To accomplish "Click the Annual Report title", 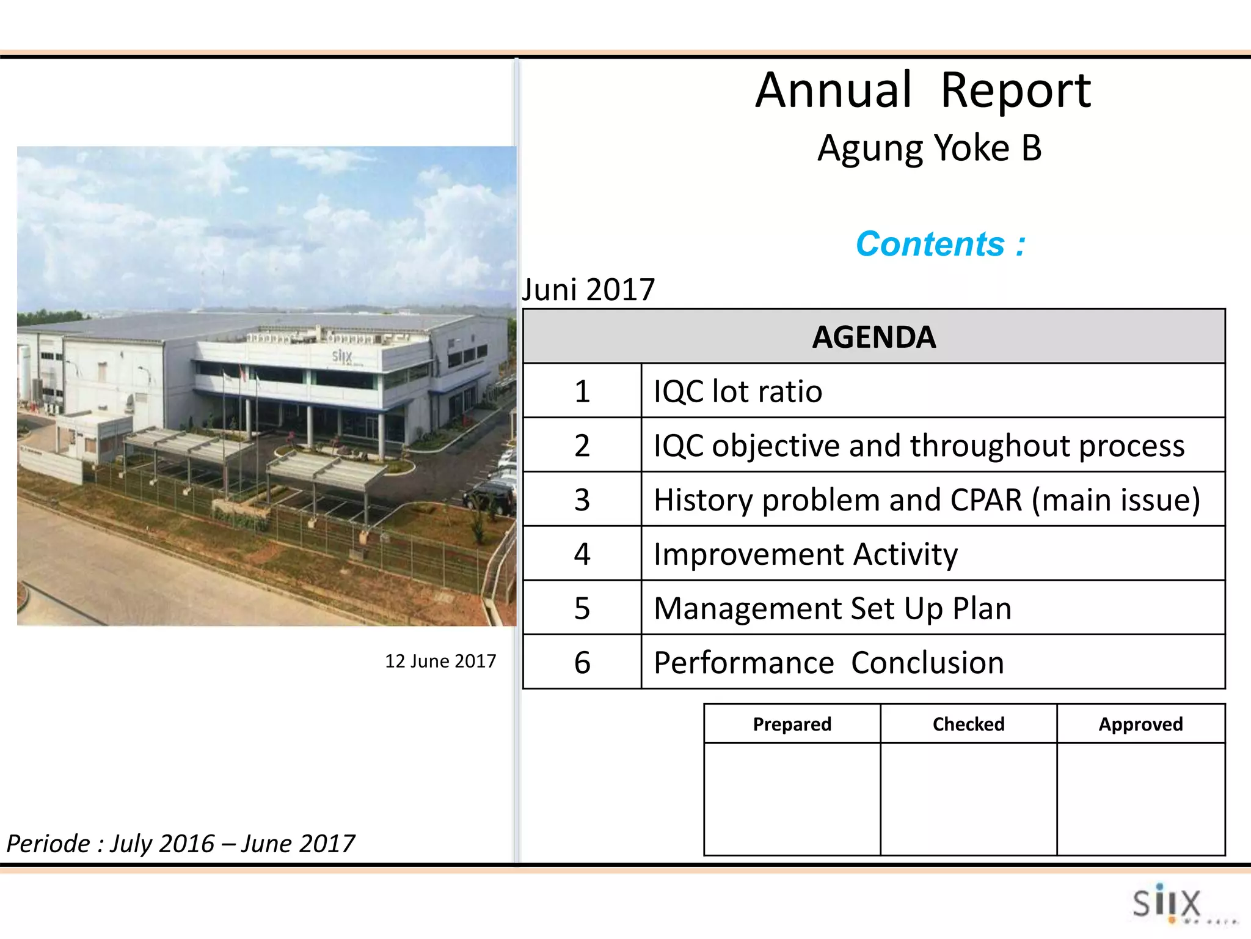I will pos(922,90).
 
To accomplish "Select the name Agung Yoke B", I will pos(928,149).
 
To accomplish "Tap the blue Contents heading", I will pos(940,244).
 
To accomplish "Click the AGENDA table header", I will pos(874,337).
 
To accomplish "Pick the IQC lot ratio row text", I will pos(737,391).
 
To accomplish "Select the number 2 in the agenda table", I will pos(582,445).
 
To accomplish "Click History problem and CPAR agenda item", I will pos(926,499).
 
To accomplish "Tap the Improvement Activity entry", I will pos(805,554).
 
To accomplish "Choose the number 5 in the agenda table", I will pos(582,608).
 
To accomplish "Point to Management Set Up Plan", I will pos(832,608).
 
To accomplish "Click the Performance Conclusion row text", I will pos(828,663).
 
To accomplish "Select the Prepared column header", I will pos(792,724).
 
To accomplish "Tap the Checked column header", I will pos(968,724).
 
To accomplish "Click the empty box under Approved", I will pos(1140,798).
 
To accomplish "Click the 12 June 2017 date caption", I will pos(440,661).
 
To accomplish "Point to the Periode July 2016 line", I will pos(180,844).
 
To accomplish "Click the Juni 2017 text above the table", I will pos(588,289).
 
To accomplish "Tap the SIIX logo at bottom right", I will pos(1167,903).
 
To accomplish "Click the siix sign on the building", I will pos(342,356).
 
